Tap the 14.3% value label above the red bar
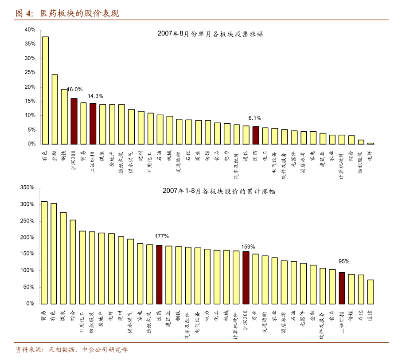(x=95, y=96)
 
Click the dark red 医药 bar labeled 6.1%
(x=256, y=135)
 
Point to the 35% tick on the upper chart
(x=30, y=44)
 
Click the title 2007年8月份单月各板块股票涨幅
(x=210, y=34)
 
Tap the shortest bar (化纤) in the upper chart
(x=371, y=143)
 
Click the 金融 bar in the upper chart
(x=55, y=109)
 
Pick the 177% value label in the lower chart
(x=161, y=236)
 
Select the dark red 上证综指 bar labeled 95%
(x=342, y=288)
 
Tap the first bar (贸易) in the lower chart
(x=44, y=252)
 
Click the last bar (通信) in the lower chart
(x=371, y=291)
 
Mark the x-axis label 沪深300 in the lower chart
(x=246, y=321)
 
